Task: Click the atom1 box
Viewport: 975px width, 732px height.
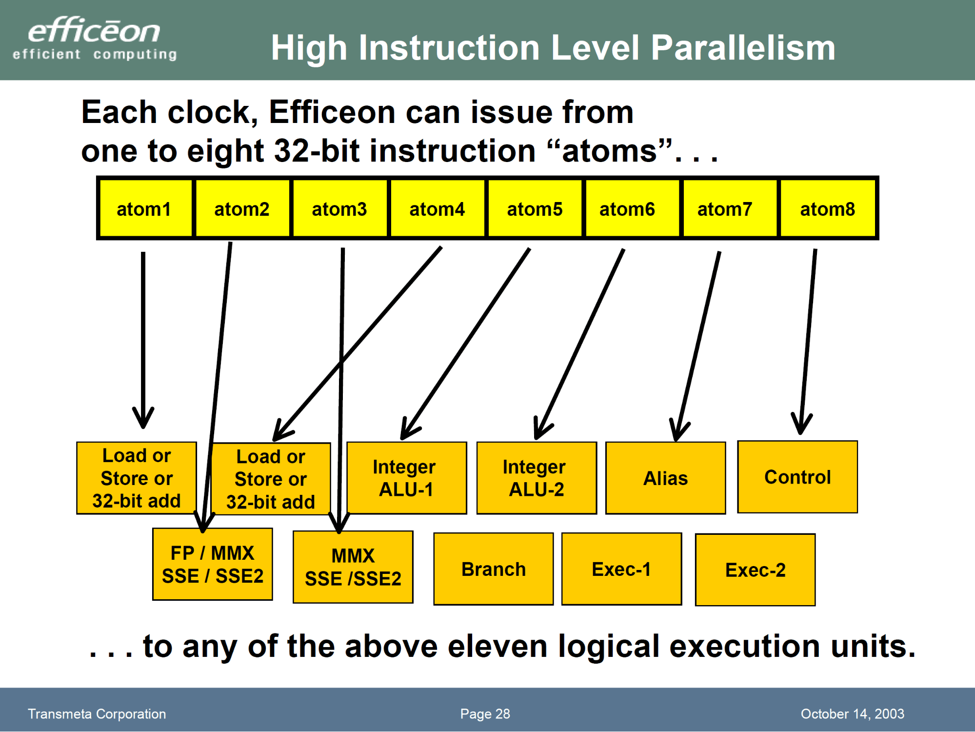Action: (x=144, y=209)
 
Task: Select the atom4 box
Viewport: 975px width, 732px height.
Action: (x=437, y=209)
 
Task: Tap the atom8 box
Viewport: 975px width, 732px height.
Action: (x=828, y=209)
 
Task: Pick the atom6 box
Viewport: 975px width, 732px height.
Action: (x=627, y=209)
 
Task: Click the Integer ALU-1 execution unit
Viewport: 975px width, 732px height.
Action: (x=406, y=478)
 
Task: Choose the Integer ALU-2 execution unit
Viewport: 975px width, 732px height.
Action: (x=536, y=478)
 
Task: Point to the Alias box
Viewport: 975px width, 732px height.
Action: (x=665, y=478)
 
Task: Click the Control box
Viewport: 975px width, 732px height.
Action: (x=797, y=477)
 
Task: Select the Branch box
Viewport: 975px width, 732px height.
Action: (x=493, y=569)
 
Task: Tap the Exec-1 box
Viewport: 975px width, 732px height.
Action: (x=621, y=569)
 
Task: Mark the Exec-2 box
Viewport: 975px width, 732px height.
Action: (x=755, y=570)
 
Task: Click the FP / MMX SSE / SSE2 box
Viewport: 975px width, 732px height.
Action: (x=213, y=565)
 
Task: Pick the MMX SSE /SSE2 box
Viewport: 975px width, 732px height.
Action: (x=353, y=567)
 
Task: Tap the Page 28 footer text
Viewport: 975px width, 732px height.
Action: (x=485, y=713)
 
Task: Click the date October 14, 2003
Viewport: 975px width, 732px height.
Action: (x=852, y=713)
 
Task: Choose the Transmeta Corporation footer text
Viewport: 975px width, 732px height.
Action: (x=97, y=713)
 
